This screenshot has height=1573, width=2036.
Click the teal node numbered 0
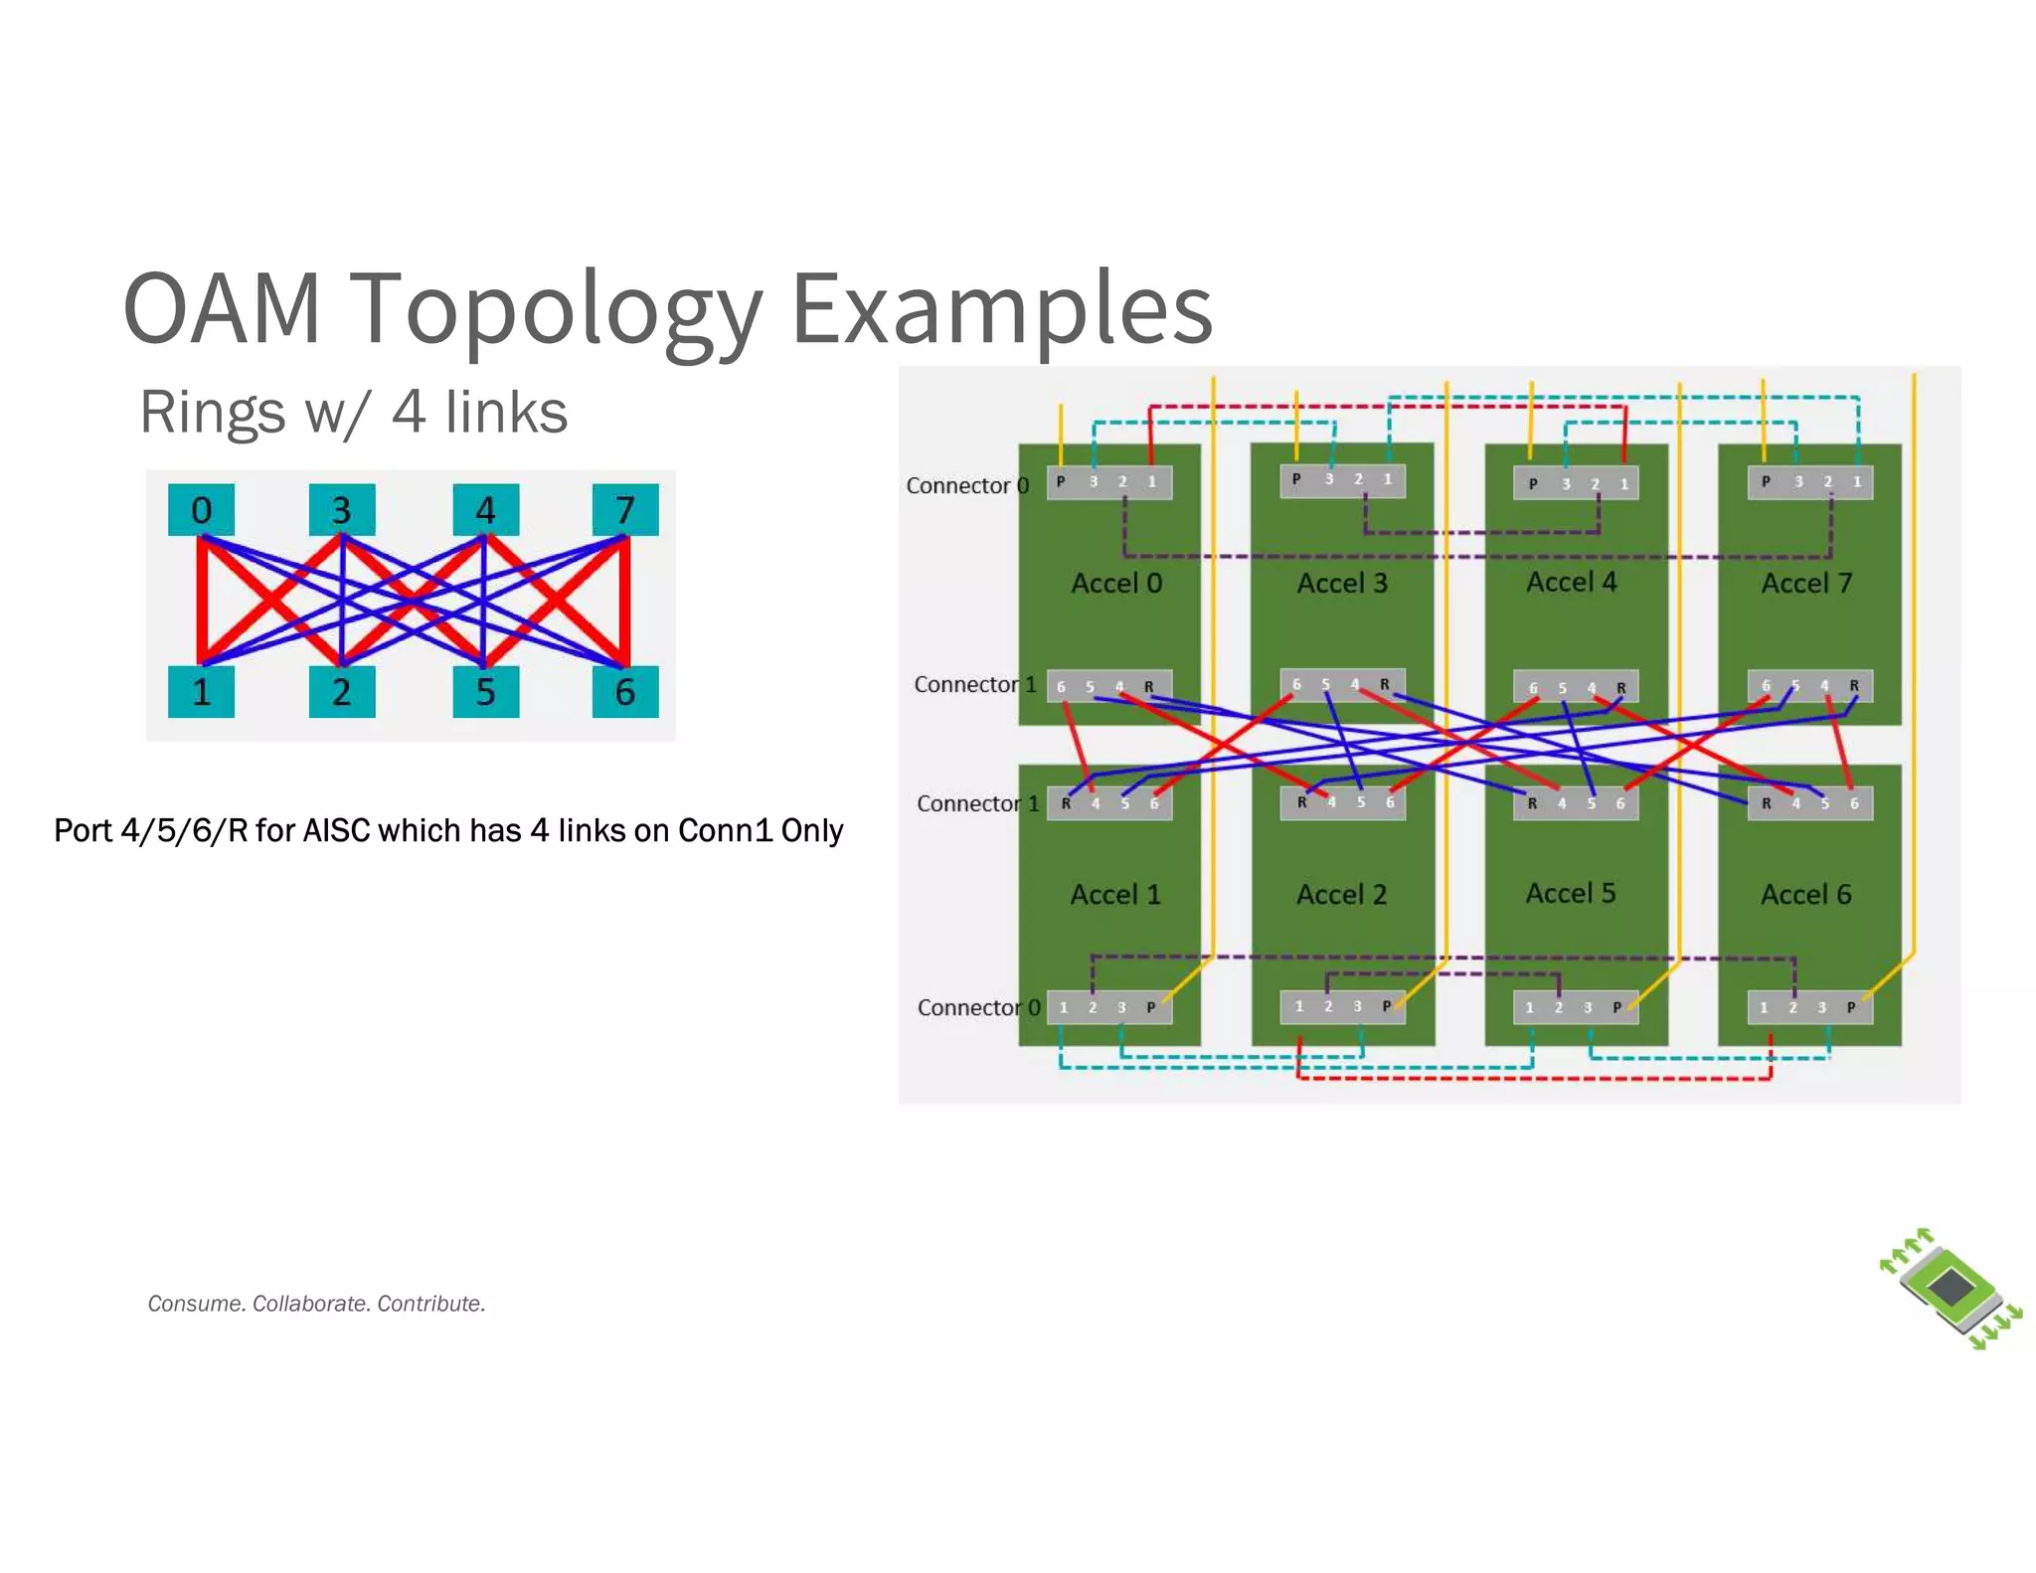(x=201, y=510)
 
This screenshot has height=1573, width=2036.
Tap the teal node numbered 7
(x=625, y=510)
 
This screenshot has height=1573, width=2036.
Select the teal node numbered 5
(x=485, y=691)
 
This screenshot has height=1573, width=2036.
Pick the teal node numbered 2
(x=341, y=691)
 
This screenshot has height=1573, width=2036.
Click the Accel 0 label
(x=1115, y=583)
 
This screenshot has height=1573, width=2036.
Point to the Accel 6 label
(x=1805, y=895)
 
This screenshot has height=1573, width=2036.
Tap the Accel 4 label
(x=1571, y=582)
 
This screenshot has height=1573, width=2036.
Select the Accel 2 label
(x=1341, y=895)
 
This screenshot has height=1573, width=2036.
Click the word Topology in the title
(x=557, y=308)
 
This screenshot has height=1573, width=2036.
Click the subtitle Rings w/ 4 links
(x=353, y=412)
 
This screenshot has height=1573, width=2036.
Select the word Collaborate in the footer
(x=310, y=1304)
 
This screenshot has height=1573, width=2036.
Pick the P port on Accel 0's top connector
(x=1061, y=481)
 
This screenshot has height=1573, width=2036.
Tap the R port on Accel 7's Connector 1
(x=1853, y=685)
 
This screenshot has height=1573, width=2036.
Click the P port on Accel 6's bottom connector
(x=1851, y=1007)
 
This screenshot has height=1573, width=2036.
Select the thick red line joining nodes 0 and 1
(x=202, y=602)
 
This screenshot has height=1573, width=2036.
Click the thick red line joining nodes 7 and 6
(x=625, y=602)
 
